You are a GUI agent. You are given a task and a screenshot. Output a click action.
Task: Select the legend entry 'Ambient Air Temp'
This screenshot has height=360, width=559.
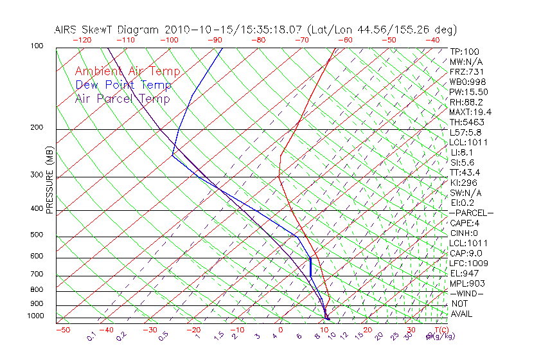(x=127, y=71)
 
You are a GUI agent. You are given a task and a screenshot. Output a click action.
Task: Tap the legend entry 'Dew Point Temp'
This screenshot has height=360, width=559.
(x=123, y=85)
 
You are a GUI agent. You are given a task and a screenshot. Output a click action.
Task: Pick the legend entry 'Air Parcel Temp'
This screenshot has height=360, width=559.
(x=122, y=98)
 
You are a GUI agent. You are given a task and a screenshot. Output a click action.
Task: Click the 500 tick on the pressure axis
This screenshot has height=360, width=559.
(x=38, y=235)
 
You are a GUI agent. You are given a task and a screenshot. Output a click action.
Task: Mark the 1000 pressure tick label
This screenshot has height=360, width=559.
(x=36, y=316)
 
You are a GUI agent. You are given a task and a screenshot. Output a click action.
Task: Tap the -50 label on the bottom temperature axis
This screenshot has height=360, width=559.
(x=63, y=330)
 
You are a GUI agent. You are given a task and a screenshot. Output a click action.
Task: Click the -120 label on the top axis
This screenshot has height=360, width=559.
(x=82, y=40)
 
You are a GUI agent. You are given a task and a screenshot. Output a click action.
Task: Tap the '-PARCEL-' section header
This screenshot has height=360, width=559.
(x=471, y=213)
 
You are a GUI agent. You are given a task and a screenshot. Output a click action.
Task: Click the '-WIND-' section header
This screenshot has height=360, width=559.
(x=467, y=293)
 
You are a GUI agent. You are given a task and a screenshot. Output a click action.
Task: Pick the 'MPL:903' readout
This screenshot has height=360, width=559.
(x=467, y=283)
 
